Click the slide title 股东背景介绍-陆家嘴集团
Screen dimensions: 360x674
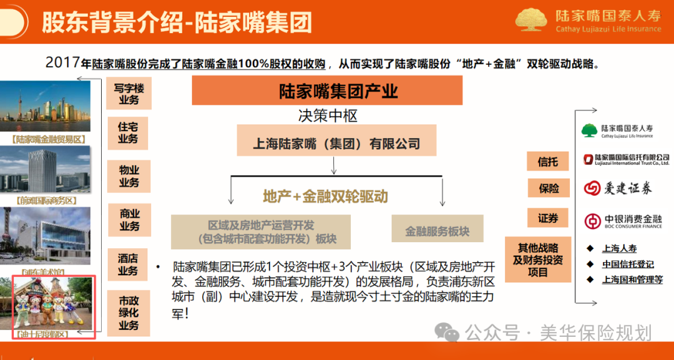177,24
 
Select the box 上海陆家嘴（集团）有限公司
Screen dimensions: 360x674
336,143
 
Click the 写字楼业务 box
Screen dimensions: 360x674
129,94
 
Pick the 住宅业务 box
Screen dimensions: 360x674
129,133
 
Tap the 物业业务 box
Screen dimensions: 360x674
129,177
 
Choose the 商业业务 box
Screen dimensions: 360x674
129,220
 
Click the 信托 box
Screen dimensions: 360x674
548,162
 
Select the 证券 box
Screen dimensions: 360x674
548,218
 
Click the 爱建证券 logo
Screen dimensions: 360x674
618,188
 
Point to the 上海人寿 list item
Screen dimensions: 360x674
619,248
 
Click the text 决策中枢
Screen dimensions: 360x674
327,115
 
